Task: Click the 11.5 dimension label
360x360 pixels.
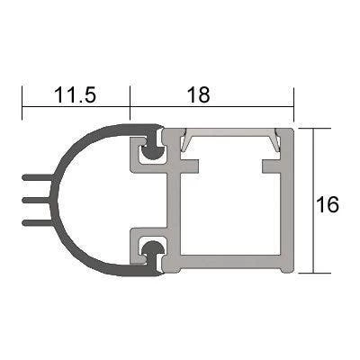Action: point(75,94)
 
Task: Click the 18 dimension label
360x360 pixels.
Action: point(198,94)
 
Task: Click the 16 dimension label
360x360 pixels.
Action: point(328,204)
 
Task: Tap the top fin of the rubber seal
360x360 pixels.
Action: point(38,177)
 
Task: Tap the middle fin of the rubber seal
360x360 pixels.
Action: point(36,200)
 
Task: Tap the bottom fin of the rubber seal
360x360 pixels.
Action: point(38,222)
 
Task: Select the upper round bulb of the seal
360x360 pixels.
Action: point(153,152)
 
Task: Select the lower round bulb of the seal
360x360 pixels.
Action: point(153,249)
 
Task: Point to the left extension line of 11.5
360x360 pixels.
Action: point(22,103)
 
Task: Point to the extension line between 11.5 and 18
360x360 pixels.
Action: point(130,103)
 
